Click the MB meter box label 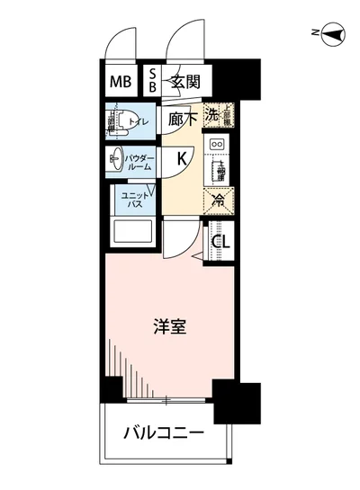tap(121, 84)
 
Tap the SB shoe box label tap(153, 84)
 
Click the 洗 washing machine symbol tap(211, 114)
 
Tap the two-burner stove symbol tap(217, 143)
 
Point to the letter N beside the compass tap(316, 35)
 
